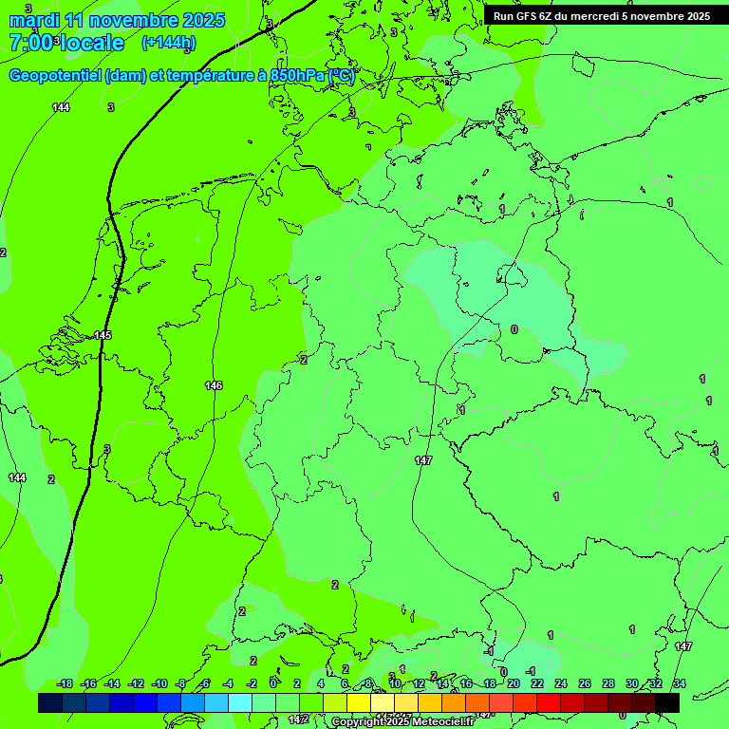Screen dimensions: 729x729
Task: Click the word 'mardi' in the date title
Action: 33,20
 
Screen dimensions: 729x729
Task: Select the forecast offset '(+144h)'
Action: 169,43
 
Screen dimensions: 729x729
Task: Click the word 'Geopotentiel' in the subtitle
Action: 55,76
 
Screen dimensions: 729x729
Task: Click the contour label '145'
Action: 103,336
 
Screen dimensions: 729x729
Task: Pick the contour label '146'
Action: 214,385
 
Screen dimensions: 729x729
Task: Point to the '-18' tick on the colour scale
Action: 65,683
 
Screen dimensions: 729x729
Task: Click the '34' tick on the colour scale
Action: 680,683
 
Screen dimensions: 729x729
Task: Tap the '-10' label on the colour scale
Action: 159,683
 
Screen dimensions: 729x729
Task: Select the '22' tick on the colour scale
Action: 537,683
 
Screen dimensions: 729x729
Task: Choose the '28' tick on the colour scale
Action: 608,683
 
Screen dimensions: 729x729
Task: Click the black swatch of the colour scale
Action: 667,702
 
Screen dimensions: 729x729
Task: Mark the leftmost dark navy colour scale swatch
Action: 50,702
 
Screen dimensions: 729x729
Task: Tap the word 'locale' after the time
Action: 91,43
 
